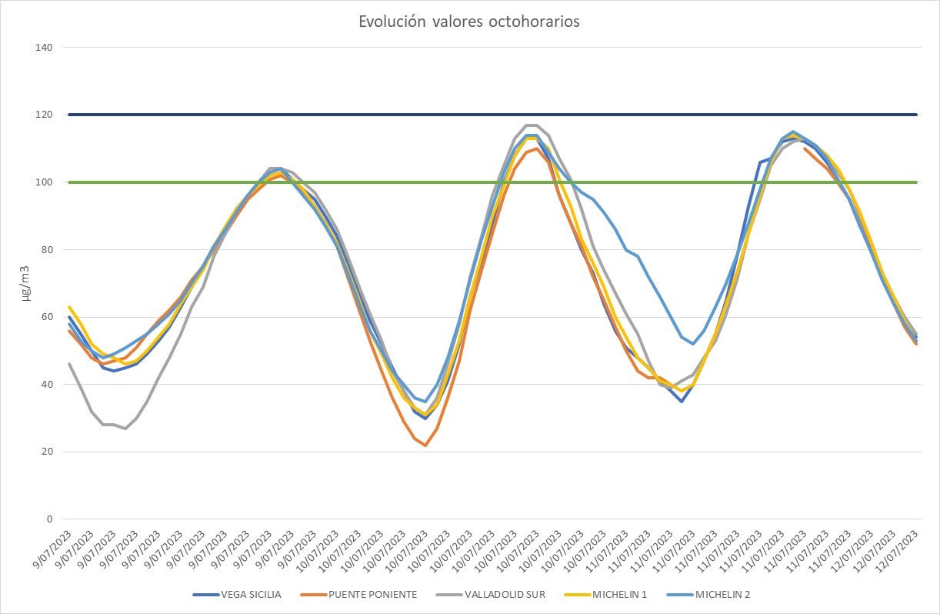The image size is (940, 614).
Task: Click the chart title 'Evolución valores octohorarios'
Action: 469,22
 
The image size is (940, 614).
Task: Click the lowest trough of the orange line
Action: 425,445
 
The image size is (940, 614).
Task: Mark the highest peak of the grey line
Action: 531,125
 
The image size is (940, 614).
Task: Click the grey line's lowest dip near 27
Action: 125,428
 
